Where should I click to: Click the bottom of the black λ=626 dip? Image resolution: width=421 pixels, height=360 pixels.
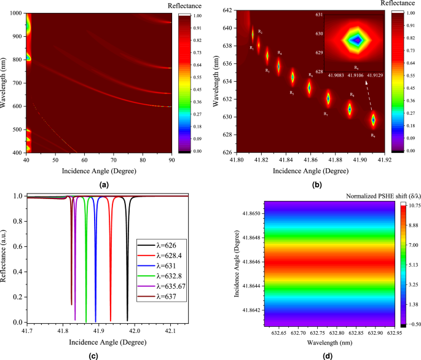(128, 319)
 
